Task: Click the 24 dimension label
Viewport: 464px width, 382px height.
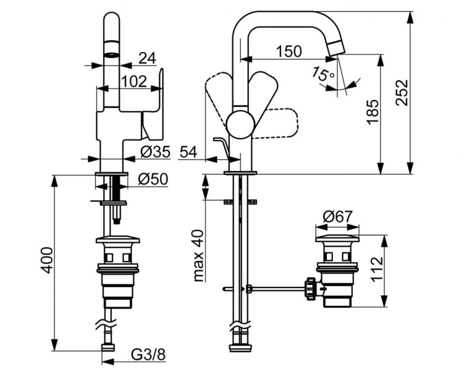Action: coord(147,58)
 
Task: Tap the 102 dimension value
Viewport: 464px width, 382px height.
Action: coord(134,82)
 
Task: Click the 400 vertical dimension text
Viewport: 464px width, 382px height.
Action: coord(47,260)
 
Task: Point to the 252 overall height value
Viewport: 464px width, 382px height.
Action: coord(401,93)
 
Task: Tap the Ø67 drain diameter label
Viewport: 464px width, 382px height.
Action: coord(337,217)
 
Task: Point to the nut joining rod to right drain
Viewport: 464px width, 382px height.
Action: coord(311,288)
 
